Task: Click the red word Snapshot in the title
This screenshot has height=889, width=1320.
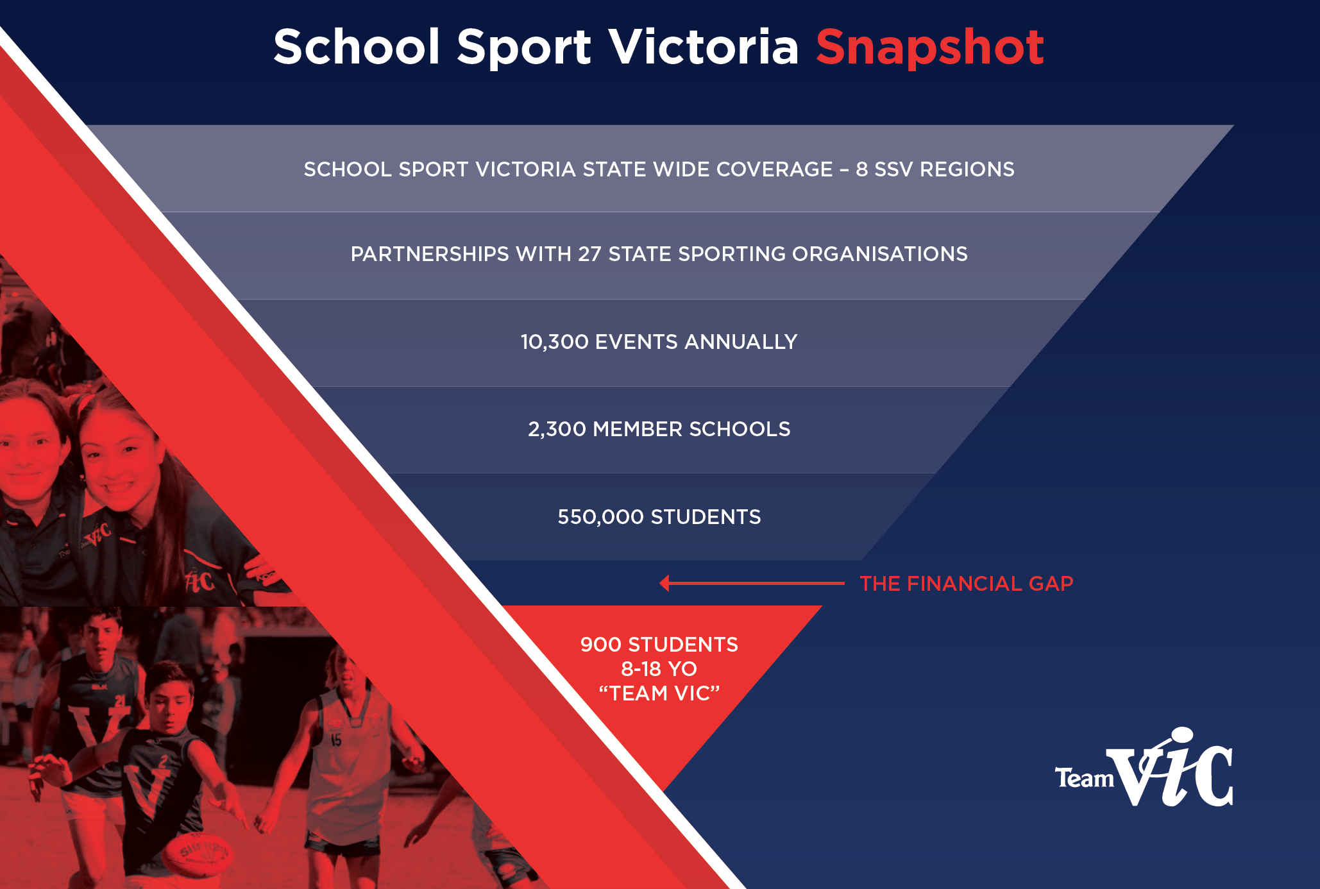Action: pyautogui.click(x=929, y=48)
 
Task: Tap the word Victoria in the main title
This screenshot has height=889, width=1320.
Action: pyautogui.click(x=704, y=47)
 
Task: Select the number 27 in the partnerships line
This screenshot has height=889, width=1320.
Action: pyautogui.click(x=589, y=254)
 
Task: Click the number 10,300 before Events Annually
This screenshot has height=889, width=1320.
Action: pyautogui.click(x=554, y=342)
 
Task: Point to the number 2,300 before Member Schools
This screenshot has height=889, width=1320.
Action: pyautogui.click(x=557, y=429)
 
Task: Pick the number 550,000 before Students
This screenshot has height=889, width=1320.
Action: pyautogui.click(x=600, y=517)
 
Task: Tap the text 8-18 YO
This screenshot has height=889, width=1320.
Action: pyautogui.click(x=659, y=669)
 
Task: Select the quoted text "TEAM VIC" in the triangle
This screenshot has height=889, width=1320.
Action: pyautogui.click(x=659, y=693)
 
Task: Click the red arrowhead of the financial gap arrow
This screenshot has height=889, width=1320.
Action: pyautogui.click(x=664, y=583)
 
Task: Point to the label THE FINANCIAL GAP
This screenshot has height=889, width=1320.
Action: pyautogui.click(x=966, y=584)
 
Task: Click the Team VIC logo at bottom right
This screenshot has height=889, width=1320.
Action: pyautogui.click(x=1144, y=767)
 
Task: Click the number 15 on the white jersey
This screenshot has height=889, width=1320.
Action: pyautogui.click(x=336, y=740)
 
